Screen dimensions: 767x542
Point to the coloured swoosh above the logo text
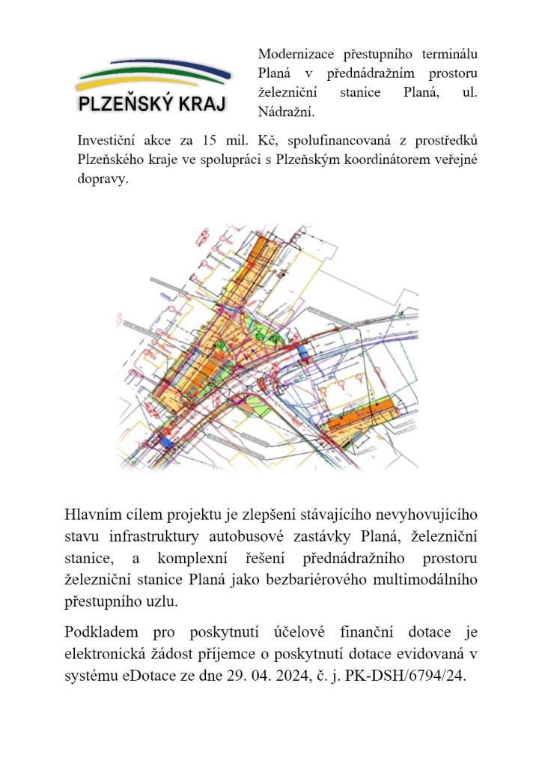[154, 73]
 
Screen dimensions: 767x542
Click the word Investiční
[109, 140]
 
